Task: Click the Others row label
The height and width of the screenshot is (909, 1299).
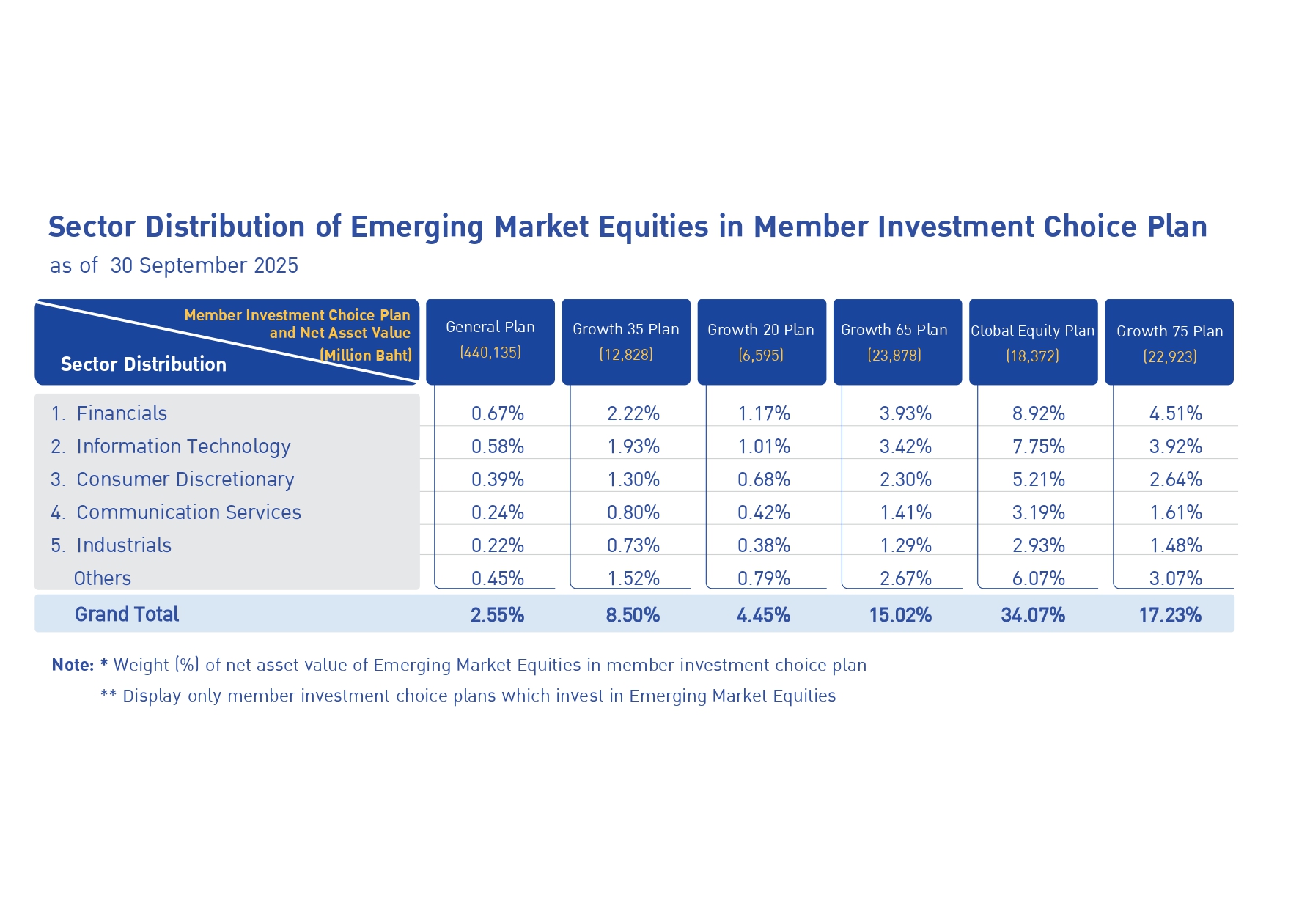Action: (103, 578)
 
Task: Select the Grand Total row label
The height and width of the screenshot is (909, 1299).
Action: (127, 614)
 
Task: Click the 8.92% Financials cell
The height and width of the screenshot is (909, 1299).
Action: (1039, 413)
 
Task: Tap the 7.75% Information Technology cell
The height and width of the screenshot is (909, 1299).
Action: (1039, 446)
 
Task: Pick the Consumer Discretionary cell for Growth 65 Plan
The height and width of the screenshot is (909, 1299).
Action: (905, 479)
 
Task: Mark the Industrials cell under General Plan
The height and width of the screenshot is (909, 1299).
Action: (498, 545)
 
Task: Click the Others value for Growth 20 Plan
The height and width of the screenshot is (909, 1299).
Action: (764, 578)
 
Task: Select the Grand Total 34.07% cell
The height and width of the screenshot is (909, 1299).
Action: (1033, 615)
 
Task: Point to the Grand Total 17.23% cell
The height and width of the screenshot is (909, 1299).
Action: (1170, 615)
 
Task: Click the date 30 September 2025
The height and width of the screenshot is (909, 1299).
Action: (205, 265)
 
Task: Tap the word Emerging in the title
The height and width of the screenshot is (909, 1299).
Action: (417, 227)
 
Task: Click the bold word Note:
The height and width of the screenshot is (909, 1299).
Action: (73, 665)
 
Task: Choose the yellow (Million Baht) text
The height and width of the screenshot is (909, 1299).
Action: (366, 356)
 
